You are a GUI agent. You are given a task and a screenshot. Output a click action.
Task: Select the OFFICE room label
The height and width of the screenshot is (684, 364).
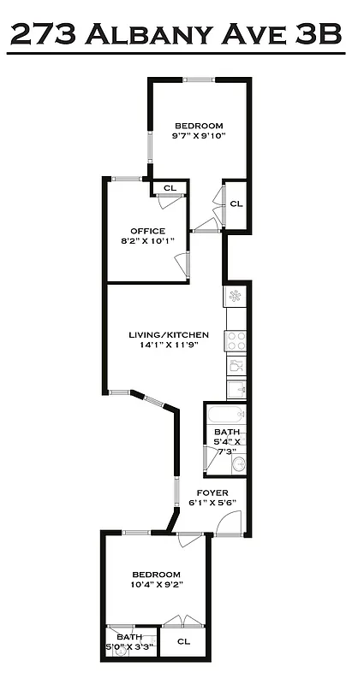pyautogui.click(x=147, y=231)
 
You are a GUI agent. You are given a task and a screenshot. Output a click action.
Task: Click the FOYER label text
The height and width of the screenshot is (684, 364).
pyautogui.click(x=212, y=492)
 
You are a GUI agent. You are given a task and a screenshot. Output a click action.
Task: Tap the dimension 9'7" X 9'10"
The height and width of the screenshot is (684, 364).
pyautogui.click(x=198, y=135)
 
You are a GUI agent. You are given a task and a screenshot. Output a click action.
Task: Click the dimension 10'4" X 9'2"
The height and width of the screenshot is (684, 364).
pyautogui.click(x=156, y=585)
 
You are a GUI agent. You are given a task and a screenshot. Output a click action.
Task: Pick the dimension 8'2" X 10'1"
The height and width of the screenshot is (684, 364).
pyautogui.click(x=147, y=242)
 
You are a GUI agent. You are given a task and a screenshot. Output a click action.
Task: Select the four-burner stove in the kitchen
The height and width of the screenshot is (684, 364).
pyautogui.click(x=236, y=341)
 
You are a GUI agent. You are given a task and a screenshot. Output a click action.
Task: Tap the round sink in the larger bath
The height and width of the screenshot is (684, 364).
pyautogui.click(x=239, y=466)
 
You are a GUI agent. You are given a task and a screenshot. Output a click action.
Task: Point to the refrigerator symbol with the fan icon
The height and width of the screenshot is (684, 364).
pyautogui.click(x=236, y=296)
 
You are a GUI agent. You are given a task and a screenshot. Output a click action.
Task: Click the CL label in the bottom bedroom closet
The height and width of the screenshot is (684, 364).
pyautogui.click(x=182, y=641)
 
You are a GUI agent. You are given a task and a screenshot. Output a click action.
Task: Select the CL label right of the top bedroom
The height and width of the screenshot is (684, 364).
pyautogui.click(x=236, y=203)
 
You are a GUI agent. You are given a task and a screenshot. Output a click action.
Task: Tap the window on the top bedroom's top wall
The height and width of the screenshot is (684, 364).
pyautogui.click(x=200, y=80)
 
